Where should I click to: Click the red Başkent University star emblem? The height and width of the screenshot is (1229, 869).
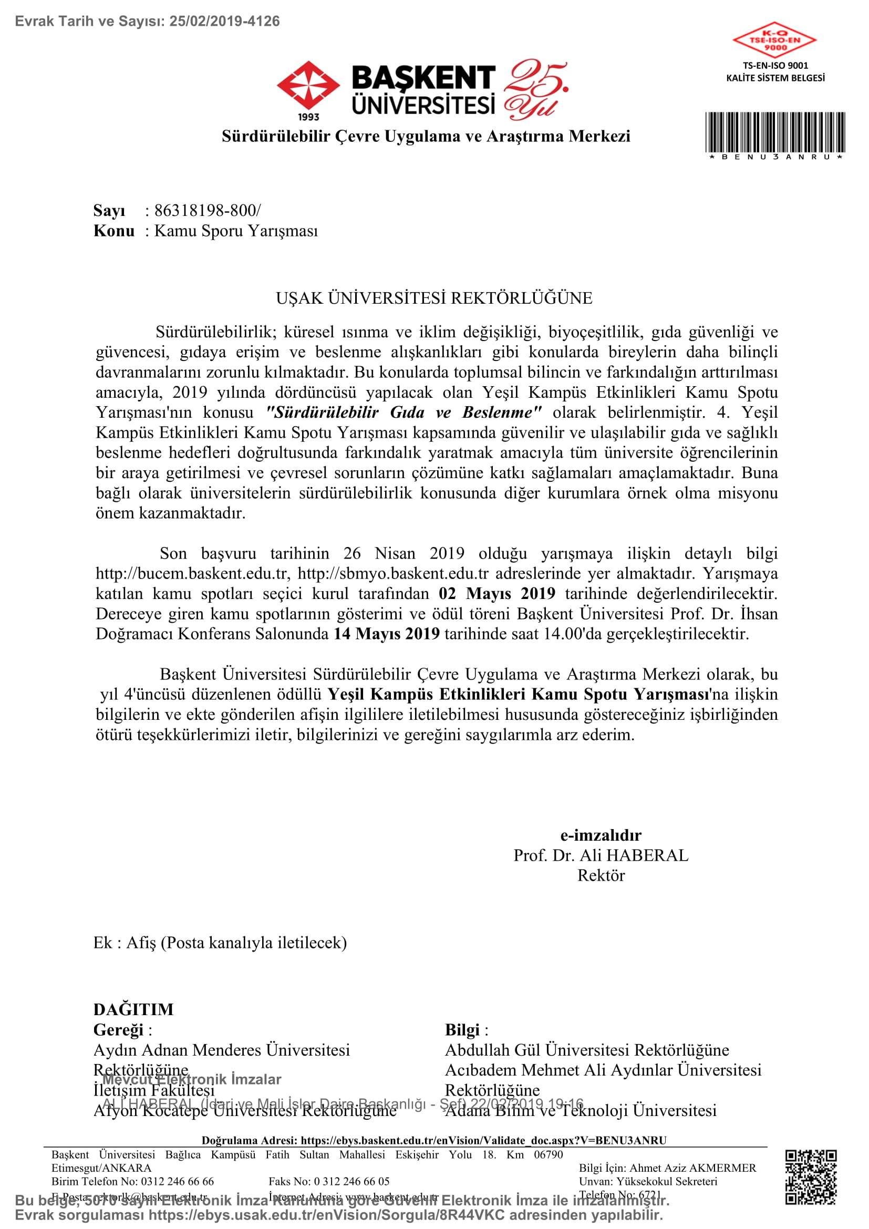point(308,86)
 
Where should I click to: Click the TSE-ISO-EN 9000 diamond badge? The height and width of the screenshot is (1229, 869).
point(774,40)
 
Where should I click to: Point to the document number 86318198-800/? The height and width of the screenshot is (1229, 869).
point(208,210)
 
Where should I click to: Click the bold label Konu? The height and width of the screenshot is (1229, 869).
point(114,231)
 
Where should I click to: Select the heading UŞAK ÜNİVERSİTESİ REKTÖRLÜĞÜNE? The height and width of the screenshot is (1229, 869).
point(434,298)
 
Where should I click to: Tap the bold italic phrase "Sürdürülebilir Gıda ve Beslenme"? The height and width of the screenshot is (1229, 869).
point(404,412)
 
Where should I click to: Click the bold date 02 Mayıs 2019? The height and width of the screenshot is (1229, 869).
point(496,593)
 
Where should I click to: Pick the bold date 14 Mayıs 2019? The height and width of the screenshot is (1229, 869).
point(386,633)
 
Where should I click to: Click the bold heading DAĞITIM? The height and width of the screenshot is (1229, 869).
point(133,1009)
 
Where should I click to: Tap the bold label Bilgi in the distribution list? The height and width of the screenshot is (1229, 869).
point(462,1030)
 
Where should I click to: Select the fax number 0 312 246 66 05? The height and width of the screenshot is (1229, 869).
point(351,1181)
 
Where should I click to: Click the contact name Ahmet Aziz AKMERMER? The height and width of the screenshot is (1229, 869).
point(692,1168)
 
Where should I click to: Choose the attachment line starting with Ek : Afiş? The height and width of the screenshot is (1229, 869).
point(220,943)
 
